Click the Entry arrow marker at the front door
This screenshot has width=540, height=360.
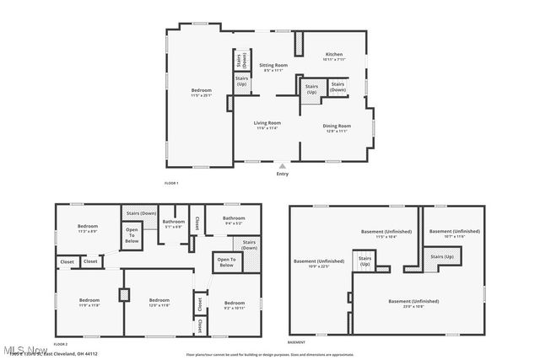click(x=282, y=167)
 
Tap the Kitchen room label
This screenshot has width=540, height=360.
click(x=333, y=56)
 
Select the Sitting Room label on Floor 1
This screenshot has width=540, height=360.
click(x=273, y=65)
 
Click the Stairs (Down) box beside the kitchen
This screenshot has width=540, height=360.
click(x=337, y=87)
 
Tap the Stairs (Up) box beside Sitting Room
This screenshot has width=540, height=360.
click(x=241, y=81)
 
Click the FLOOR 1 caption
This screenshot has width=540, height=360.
click(x=171, y=183)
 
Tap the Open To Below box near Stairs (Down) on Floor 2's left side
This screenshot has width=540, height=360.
click(x=132, y=235)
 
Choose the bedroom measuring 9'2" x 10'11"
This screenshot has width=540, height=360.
click(x=235, y=305)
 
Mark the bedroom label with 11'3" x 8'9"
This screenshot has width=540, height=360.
click(x=88, y=228)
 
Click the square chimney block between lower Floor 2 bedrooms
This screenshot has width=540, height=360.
click(x=125, y=295)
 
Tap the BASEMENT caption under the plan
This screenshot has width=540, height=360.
click(x=296, y=343)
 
